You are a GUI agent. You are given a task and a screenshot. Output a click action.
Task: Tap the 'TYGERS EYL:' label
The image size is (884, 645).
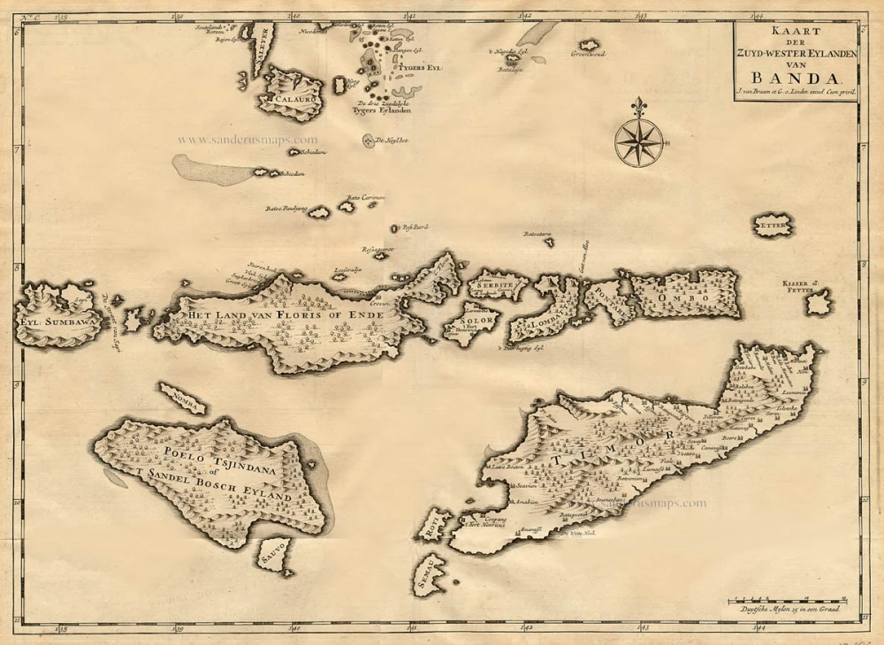tap(419, 67)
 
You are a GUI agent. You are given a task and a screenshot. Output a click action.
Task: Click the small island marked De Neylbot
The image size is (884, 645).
tap(368, 140)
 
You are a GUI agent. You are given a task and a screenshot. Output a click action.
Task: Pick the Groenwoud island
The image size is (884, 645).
tap(588, 46)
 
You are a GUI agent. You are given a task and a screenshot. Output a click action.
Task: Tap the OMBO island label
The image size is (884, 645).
tap(692, 299)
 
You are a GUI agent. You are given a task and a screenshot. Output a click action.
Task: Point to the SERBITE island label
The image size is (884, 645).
tap(495, 286)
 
